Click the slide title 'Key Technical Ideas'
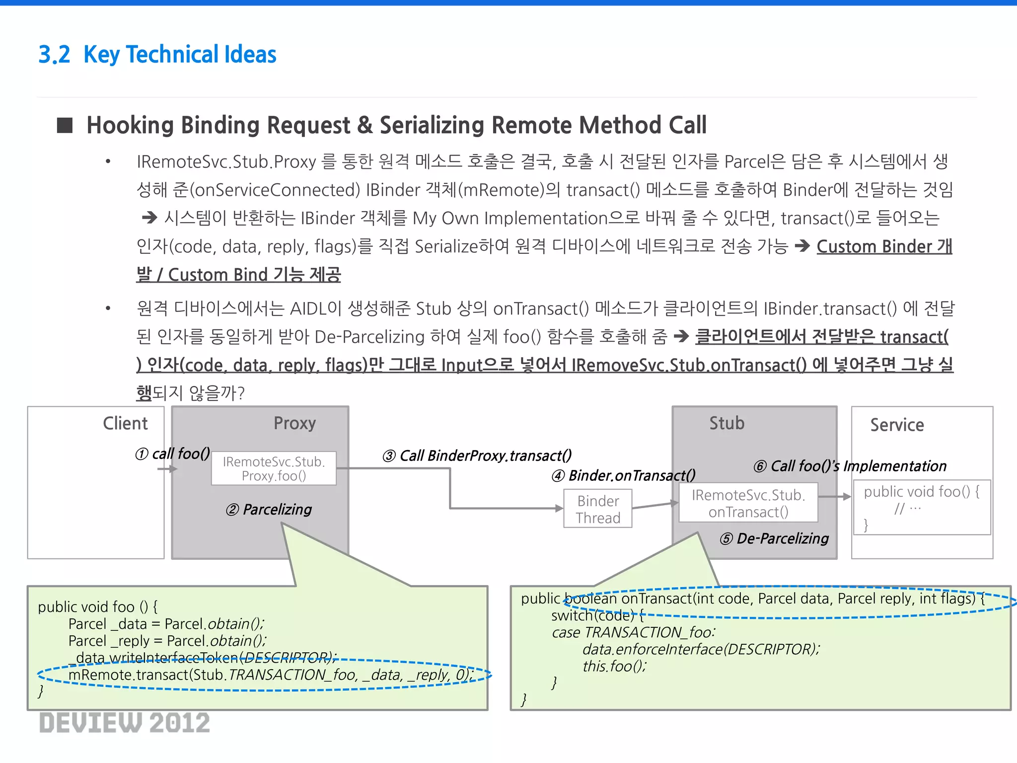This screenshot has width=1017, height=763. tap(179, 55)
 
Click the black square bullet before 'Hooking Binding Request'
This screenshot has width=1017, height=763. tap(65, 126)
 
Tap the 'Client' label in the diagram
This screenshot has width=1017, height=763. tap(125, 423)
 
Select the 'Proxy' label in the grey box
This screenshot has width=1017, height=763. tap(294, 423)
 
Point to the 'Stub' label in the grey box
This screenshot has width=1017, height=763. tap(726, 423)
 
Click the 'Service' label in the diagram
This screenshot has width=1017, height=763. tap(897, 425)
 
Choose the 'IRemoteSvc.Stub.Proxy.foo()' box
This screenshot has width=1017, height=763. tap(274, 468)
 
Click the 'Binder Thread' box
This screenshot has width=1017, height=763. tap(598, 509)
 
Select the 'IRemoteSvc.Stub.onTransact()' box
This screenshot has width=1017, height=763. tap(748, 503)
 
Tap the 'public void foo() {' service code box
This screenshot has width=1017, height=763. tap(922, 507)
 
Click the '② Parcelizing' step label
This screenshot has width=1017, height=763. tap(269, 510)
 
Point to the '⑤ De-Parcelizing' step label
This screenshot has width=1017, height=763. tap(775, 538)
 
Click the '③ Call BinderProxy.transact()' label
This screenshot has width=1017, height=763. tap(477, 456)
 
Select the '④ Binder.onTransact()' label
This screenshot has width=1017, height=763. tap(624, 476)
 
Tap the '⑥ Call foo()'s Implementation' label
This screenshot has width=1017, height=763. tap(850, 466)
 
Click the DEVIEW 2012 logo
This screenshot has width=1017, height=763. tap(125, 723)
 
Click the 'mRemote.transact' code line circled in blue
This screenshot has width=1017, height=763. tap(271, 675)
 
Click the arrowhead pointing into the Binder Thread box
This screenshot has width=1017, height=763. tap(559, 508)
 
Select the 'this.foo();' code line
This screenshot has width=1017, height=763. tap(615, 666)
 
